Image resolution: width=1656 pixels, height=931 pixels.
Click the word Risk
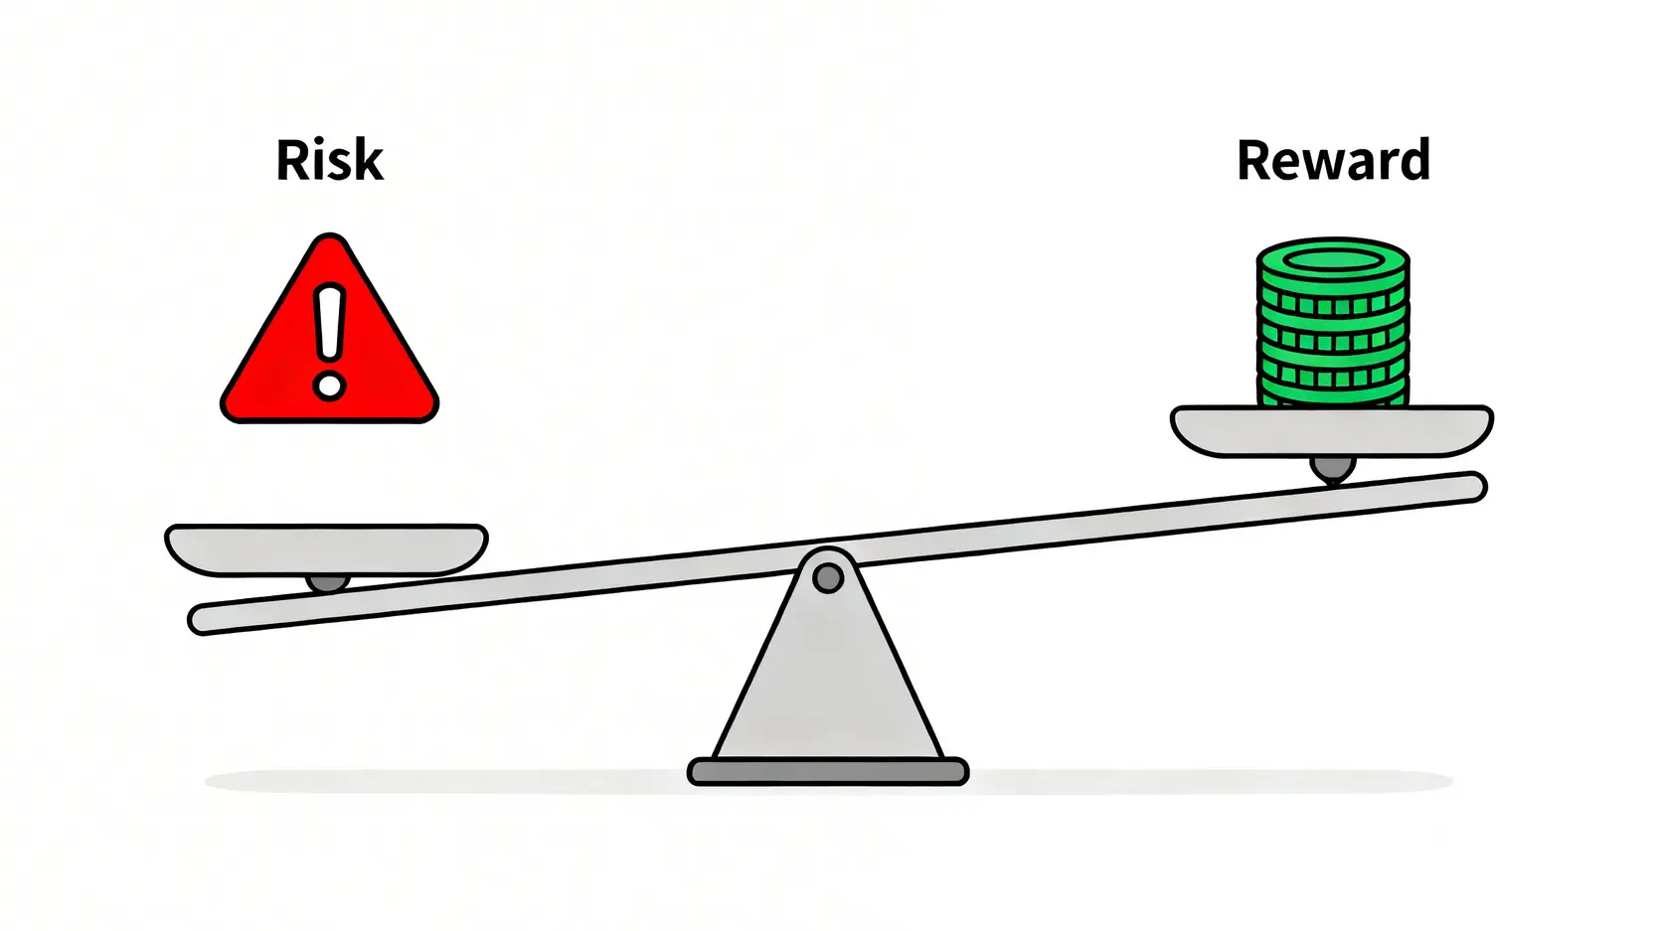pos(330,160)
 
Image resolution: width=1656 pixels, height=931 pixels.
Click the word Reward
pos(1334,160)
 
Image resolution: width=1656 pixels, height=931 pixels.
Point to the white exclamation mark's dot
pos(329,386)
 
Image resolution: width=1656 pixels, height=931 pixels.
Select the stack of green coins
pos(1333,322)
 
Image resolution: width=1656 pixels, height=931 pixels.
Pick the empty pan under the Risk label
pos(326,549)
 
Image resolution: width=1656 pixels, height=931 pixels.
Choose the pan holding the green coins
pos(1332,431)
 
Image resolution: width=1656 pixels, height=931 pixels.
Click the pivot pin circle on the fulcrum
pos(828,578)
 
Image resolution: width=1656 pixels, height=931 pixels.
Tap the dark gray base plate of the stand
pos(828,771)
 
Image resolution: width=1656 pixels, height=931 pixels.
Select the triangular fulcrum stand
pos(828,665)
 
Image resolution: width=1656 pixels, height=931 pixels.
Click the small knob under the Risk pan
pos(327,583)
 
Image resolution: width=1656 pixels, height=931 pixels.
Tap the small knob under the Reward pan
pos(1332,468)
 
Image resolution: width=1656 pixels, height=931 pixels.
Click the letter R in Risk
pos(293,160)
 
